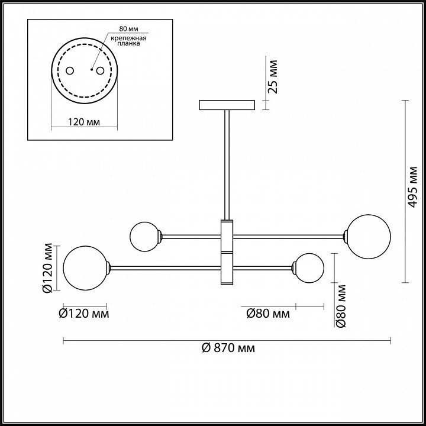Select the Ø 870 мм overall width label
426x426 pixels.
pyautogui.click(x=228, y=348)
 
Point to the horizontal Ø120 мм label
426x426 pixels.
pyautogui.click(x=84, y=314)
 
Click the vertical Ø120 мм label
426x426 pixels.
pyautogui.click(x=49, y=269)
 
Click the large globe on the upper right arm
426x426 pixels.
pyautogui.click(x=369, y=237)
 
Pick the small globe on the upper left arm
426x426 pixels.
pyautogui.click(x=144, y=236)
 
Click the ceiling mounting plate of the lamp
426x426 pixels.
pyautogui.click(x=227, y=105)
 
